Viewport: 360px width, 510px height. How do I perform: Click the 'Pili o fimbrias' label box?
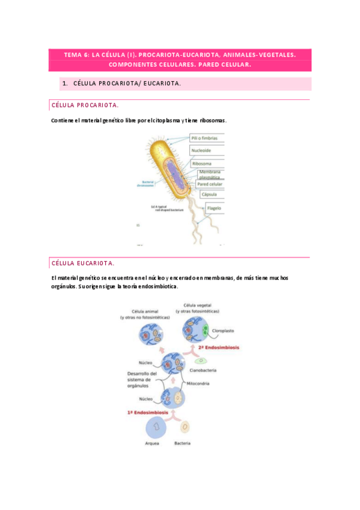tap(206, 138)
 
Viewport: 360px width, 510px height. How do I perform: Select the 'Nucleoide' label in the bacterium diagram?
tap(201, 150)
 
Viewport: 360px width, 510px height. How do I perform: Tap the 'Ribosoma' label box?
tap(201, 163)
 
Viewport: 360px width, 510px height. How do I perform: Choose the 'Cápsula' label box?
tap(209, 195)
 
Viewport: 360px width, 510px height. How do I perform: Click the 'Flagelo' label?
tap(215, 209)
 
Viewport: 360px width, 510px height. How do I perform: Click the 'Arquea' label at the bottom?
tap(153, 443)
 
